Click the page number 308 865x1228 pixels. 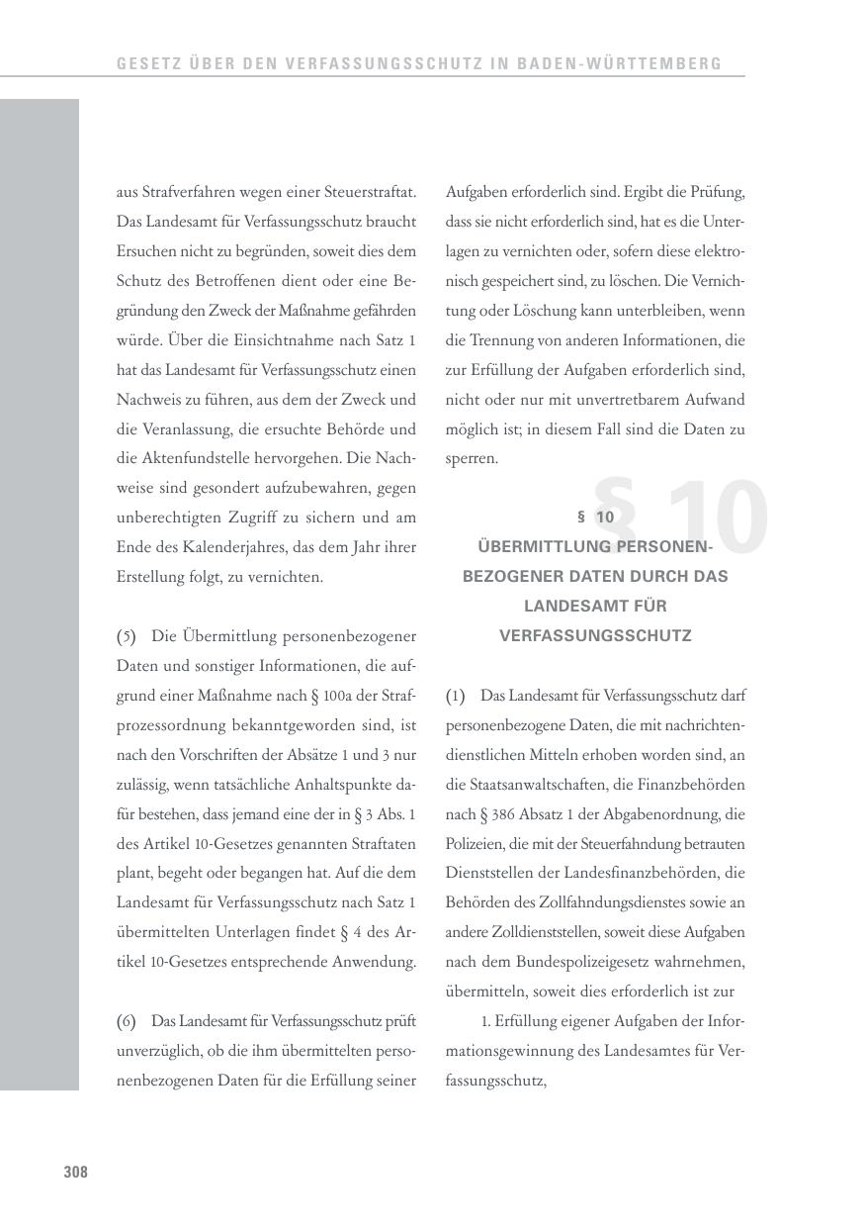click(76, 1173)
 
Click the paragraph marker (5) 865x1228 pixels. click(127, 636)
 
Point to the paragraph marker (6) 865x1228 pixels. click(127, 1021)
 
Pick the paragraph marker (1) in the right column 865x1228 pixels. click(455, 696)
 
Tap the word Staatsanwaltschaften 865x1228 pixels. click(538, 785)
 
